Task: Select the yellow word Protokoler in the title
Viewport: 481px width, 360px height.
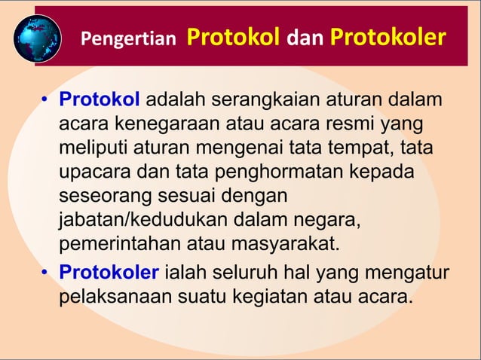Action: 387,38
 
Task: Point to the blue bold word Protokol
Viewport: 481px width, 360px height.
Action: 100,101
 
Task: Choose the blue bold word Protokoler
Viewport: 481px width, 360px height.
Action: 109,272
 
